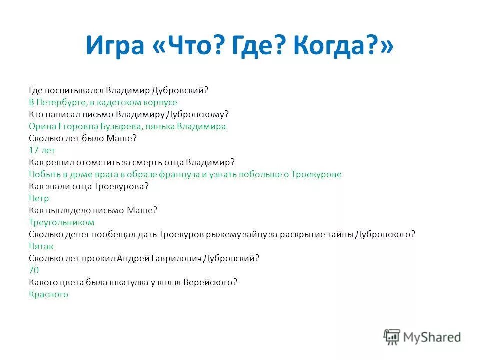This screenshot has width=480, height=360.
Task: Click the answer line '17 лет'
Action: (42, 150)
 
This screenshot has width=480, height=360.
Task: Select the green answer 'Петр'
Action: (39, 198)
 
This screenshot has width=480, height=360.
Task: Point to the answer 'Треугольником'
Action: (62, 222)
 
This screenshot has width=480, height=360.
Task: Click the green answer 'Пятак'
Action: (41, 246)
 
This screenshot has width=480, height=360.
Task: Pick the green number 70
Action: (34, 270)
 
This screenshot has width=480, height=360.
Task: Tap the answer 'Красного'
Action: (49, 294)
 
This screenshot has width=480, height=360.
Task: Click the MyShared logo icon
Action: (392, 337)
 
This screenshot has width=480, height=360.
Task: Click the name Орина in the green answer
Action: (41, 126)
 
